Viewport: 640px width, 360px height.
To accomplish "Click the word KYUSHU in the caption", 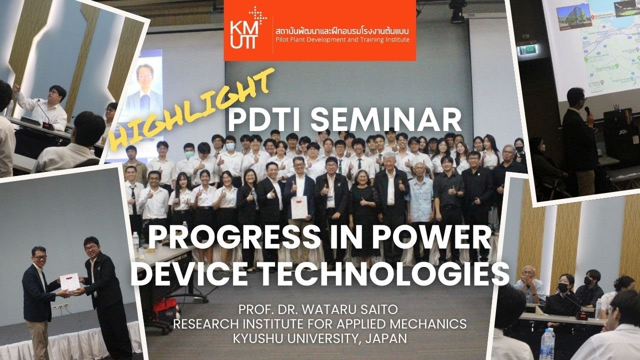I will point(260,338).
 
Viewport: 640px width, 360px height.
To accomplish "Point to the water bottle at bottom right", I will point(547,344).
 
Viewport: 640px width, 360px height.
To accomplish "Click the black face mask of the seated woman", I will point(563,288).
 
